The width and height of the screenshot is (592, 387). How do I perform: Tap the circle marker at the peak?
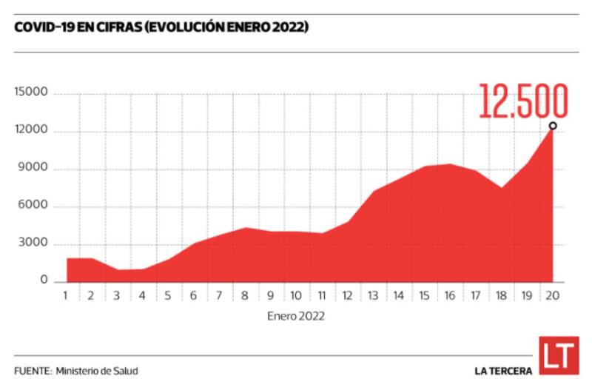[553, 126]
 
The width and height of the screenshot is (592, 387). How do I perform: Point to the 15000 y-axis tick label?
[31, 92]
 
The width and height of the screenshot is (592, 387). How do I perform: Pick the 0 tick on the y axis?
[44, 281]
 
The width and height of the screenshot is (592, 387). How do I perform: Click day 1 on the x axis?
[67, 296]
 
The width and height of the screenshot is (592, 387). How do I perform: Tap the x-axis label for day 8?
[244, 296]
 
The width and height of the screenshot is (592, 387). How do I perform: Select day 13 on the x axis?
[373, 296]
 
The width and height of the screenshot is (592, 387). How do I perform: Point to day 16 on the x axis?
[450, 296]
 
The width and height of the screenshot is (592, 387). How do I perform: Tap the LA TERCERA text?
[503, 370]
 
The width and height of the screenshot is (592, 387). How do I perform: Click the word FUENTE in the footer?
[32, 370]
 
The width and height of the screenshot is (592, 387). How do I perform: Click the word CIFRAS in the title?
[120, 27]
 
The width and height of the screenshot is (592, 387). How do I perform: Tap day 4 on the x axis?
[142, 296]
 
